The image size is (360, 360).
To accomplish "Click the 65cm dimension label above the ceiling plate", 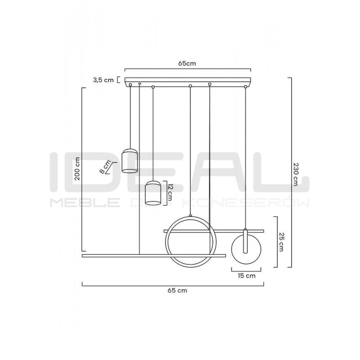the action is [187, 63].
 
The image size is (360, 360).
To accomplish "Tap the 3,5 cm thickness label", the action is [103, 80].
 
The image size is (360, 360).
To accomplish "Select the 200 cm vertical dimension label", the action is [77, 168].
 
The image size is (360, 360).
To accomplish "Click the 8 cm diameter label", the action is [105, 166].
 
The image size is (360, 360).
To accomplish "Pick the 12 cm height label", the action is [170, 193].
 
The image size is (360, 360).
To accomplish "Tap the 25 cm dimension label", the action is [281, 242].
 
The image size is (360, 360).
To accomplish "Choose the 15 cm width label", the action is [247, 275].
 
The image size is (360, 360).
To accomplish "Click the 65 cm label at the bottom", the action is [177, 290].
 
